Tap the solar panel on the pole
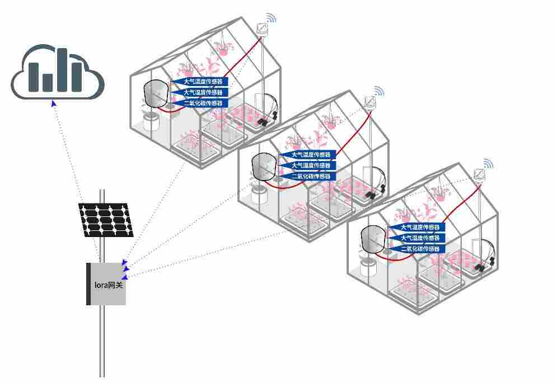pos(106,220)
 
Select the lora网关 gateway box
pos(107,284)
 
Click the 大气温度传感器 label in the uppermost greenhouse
pos(200,82)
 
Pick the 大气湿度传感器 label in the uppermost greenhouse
pos(200,92)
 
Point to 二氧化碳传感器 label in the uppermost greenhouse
pos(200,103)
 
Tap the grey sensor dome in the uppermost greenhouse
pos(156,93)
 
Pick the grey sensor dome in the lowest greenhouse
pos(373,239)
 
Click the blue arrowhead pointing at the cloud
pos(53,102)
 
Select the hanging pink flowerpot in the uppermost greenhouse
pos(223,50)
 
